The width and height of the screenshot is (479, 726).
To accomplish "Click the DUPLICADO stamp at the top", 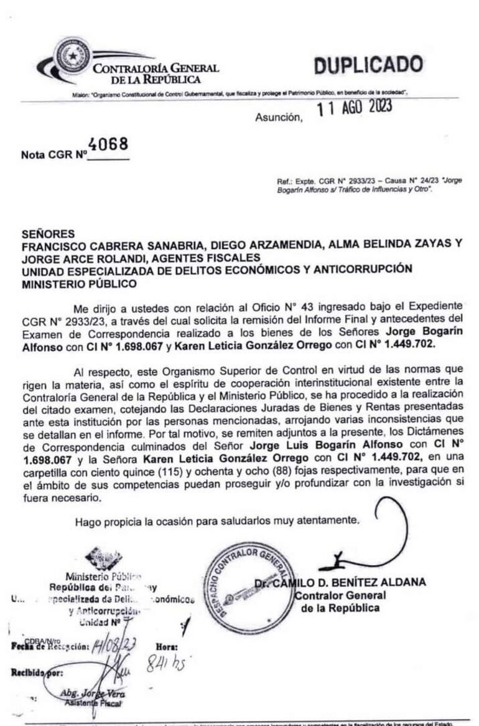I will click(x=368, y=65).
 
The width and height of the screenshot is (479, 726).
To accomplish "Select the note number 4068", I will click(x=108, y=144).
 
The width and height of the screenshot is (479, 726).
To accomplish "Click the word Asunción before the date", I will click(x=278, y=117).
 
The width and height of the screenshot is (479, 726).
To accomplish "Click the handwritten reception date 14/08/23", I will click(x=114, y=644).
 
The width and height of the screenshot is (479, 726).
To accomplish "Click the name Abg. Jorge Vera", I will click(x=91, y=694).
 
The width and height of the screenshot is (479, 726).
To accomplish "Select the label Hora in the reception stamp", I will click(x=166, y=647).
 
